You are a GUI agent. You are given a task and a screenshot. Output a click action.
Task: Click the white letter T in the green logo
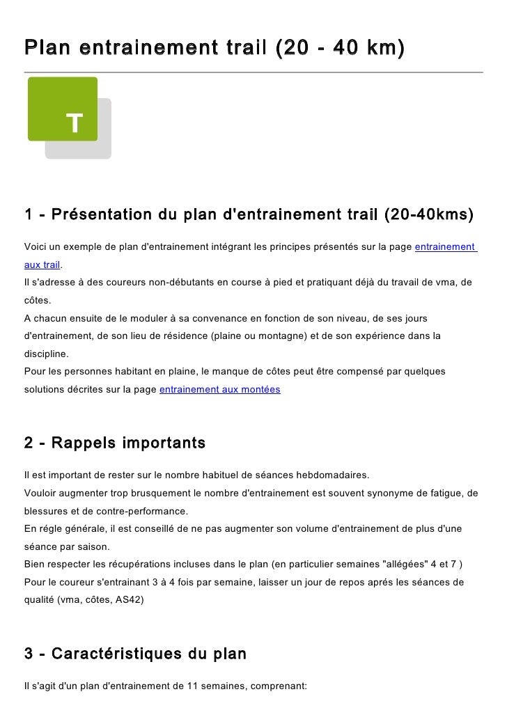pos(75,123)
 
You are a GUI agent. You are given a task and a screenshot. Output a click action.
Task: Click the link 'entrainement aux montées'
pos(219,390)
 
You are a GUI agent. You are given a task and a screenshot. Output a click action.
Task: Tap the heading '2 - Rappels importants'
pos(114,443)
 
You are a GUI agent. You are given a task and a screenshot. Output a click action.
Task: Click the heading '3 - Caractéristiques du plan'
pos(135,654)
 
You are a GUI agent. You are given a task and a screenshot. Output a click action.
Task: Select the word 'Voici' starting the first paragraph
pos(35,248)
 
